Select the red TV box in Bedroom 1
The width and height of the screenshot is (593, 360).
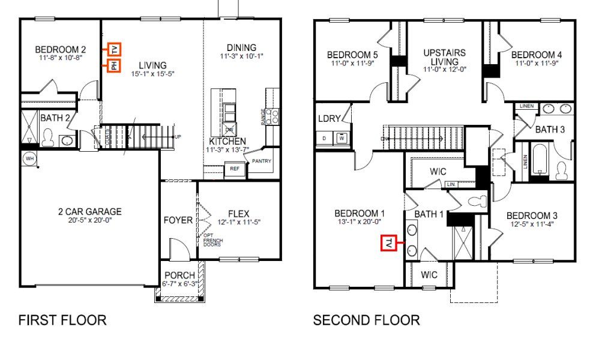[x=389, y=243]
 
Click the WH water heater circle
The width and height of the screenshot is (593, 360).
[x=29, y=159]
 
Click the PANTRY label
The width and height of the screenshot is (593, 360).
[x=262, y=161]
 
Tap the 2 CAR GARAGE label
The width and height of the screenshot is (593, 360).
[x=89, y=211]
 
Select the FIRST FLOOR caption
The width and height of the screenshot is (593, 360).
[x=62, y=320]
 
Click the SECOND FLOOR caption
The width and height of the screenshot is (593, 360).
[x=366, y=320]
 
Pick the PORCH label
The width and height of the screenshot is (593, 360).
[x=179, y=275]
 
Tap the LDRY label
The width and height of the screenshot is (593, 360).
[x=330, y=119]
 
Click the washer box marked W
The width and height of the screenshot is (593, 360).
[x=342, y=138]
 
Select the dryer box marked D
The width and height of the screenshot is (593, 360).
[x=325, y=138]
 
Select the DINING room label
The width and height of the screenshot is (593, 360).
[x=241, y=47]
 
